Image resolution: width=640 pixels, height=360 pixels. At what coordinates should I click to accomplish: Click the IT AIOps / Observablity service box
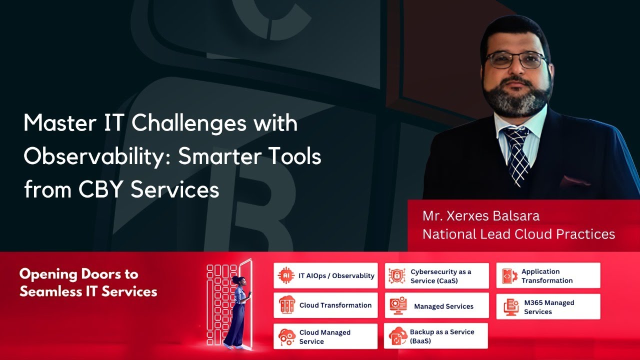click(x=325, y=275)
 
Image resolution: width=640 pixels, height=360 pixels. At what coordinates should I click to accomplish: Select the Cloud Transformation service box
click(x=325, y=305)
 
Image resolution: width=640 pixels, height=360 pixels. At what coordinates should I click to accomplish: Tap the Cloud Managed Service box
click(x=325, y=336)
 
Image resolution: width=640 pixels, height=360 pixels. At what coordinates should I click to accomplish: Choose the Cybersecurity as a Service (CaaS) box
click(x=436, y=276)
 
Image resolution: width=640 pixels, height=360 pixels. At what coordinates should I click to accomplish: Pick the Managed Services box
click(x=436, y=306)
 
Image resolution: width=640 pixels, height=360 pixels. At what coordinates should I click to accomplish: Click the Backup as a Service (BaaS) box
click(x=436, y=336)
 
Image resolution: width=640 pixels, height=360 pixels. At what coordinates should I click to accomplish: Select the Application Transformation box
click(x=548, y=276)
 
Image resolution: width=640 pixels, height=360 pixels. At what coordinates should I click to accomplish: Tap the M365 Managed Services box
click(x=548, y=306)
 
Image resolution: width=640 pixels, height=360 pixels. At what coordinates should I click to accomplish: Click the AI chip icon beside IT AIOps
click(x=286, y=275)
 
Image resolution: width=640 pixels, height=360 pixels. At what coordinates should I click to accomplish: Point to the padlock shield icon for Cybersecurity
click(x=397, y=276)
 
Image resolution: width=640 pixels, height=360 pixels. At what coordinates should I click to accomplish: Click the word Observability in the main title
click(x=96, y=157)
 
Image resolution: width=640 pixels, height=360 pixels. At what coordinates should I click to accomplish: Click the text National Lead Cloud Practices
click(x=518, y=234)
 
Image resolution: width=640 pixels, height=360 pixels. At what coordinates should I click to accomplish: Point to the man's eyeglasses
click(x=515, y=60)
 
